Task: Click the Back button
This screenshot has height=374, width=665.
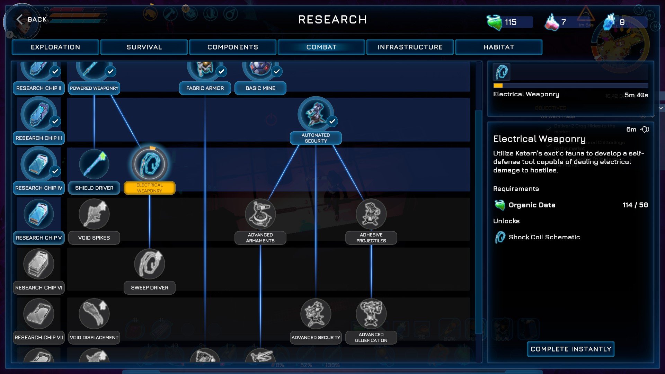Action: tap(32, 19)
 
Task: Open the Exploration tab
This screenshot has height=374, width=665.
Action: tap(55, 47)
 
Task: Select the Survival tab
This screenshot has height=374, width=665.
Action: tap(144, 47)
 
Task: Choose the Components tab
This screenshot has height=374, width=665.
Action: tap(233, 47)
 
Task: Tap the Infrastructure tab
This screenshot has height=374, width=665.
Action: tap(410, 47)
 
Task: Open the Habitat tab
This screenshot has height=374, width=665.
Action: tap(499, 47)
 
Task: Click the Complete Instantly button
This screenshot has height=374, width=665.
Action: tap(571, 349)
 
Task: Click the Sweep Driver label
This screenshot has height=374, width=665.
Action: tap(150, 288)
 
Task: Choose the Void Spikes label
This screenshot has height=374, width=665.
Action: tap(94, 238)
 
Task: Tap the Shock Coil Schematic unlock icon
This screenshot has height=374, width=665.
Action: tap(500, 237)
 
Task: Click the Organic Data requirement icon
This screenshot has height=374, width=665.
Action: tap(500, 205)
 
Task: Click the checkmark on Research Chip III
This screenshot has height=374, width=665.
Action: tap(55, 122)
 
